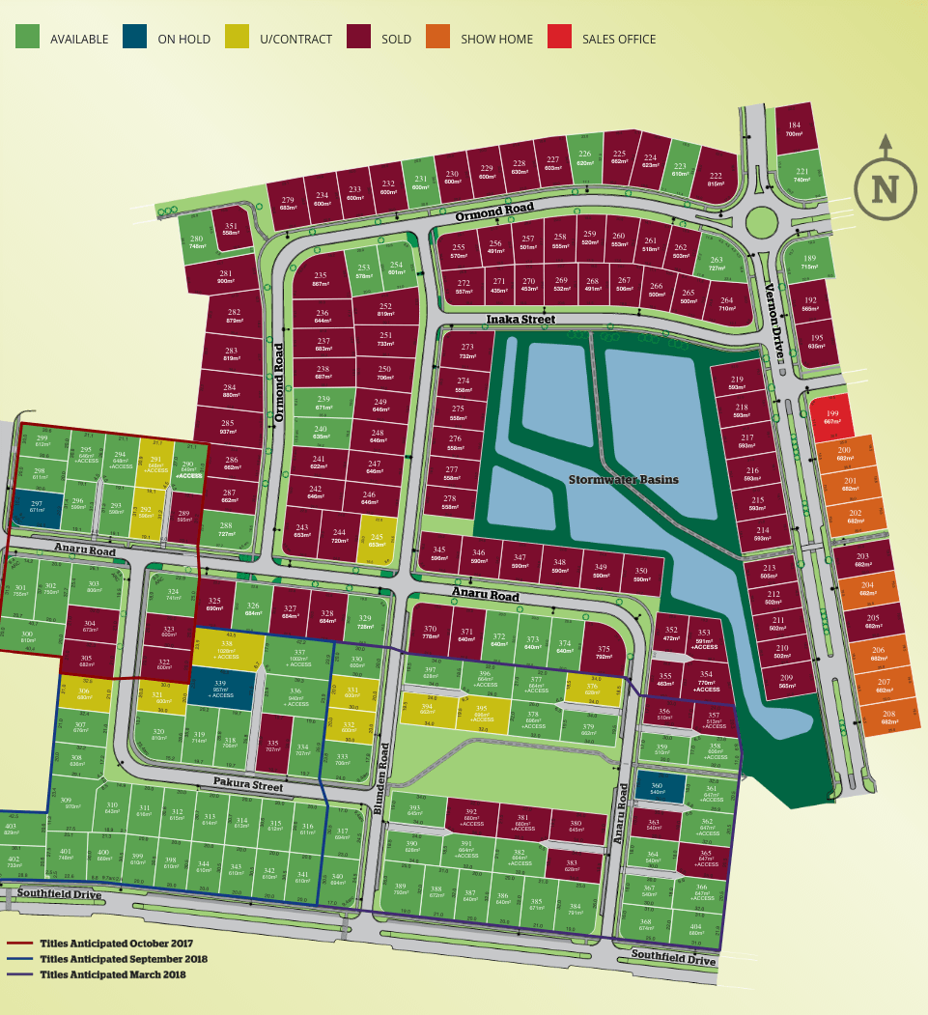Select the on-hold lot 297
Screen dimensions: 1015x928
tap(37, 506)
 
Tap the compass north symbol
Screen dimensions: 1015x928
tap(885, 186)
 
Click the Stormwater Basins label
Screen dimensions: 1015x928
tap(623, 479)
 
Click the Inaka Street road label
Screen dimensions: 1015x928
tap(520, 319)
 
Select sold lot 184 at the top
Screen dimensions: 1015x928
tap(794, 128)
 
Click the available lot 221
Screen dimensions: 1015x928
tap(801, 175)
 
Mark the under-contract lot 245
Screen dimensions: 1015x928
tap(377, 540)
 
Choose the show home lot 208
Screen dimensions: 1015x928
tap(887, 716)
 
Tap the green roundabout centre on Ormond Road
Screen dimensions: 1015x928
tap(762, 223)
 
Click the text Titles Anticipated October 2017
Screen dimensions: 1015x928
tap(116, 943)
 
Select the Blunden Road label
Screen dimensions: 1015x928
tap(381, 778)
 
